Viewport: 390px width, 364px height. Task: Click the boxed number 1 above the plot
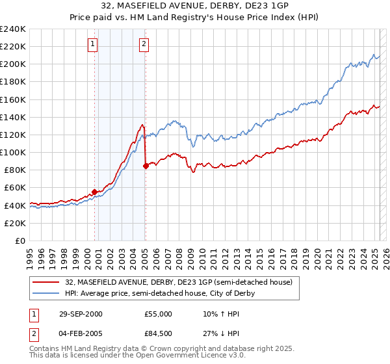(x=93, y=44)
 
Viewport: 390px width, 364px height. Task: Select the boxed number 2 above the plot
(x=144, y=44)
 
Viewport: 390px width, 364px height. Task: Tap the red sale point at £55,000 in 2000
(x=95, y=192)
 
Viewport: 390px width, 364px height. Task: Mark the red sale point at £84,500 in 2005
(x=146, y=166)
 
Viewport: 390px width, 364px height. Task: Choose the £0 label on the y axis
(x=19, y=240)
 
